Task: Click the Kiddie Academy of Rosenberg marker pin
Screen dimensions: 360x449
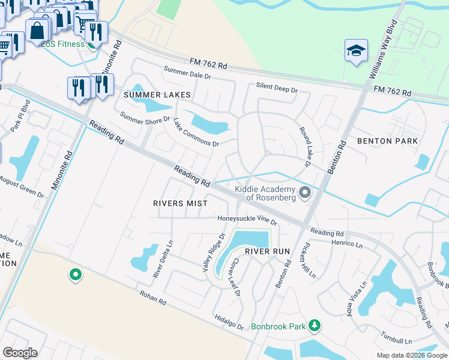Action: coord(305,193)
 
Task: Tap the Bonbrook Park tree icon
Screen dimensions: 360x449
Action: coord(313,326)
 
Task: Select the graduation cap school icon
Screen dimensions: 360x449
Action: coord(355,51)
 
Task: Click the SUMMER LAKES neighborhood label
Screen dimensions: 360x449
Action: coord(157,95)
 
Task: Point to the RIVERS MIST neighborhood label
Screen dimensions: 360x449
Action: coord(179,203)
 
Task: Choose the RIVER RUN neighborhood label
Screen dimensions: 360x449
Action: coord(268,251)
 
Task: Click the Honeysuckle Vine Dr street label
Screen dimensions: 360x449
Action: coord(247,220)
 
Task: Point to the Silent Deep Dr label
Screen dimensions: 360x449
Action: coord(276,88)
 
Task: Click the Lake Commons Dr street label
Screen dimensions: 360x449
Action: coord(196,133)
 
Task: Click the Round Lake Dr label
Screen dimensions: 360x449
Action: coord(304,147)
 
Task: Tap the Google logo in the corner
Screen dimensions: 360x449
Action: coord(20,353)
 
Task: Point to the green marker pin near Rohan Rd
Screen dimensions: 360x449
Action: coord(76,275)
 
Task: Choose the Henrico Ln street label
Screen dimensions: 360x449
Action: coord(347,245)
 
